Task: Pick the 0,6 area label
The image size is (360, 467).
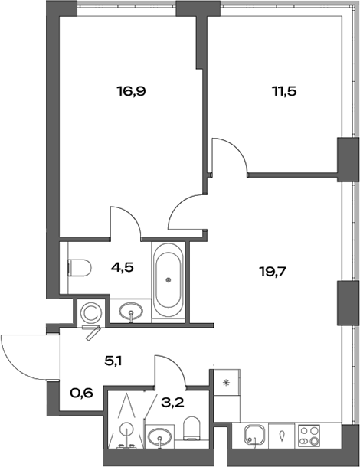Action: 81,394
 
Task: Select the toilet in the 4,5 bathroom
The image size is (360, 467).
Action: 79,268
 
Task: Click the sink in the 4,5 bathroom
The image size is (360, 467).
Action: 133,312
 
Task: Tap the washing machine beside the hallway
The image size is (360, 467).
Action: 89,312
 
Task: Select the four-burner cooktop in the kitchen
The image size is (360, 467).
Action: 312,439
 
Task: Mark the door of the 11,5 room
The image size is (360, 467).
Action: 230,156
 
